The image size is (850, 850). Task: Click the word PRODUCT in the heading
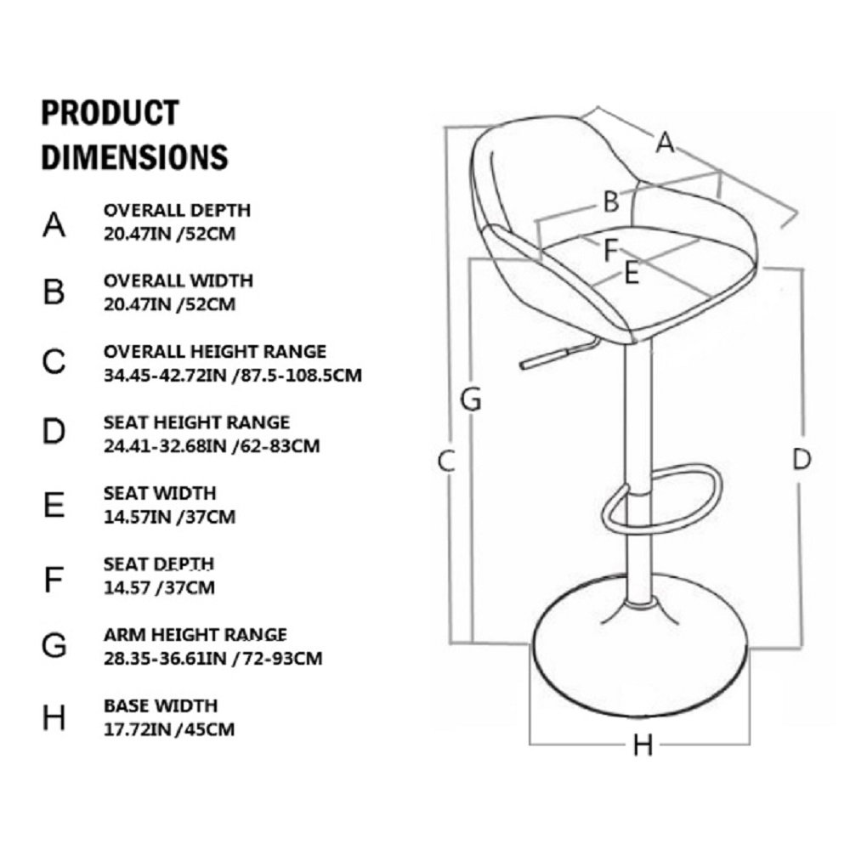point(110,113)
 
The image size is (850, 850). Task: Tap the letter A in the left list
point(54,224)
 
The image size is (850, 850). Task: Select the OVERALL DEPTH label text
point(177,210)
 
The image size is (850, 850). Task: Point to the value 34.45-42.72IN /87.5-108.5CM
point(235,373)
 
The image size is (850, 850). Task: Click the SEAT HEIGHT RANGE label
point(196,422)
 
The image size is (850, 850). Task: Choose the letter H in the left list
point(54,718)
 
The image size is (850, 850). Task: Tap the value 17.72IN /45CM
point(169,728)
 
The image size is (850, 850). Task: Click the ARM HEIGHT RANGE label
point(195,634)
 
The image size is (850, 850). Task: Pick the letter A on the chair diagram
point(666,143)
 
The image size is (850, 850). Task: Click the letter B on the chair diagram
point(610,202)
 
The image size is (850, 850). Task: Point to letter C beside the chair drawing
point(447,460)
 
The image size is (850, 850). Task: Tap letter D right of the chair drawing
point(801,459)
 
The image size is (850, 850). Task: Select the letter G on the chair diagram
point(471,398)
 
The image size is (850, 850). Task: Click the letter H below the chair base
point(643,745)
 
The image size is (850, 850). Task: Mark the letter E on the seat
point(631,273)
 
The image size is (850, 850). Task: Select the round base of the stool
point(642,663)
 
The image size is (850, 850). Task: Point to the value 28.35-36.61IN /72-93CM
point(212,658)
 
